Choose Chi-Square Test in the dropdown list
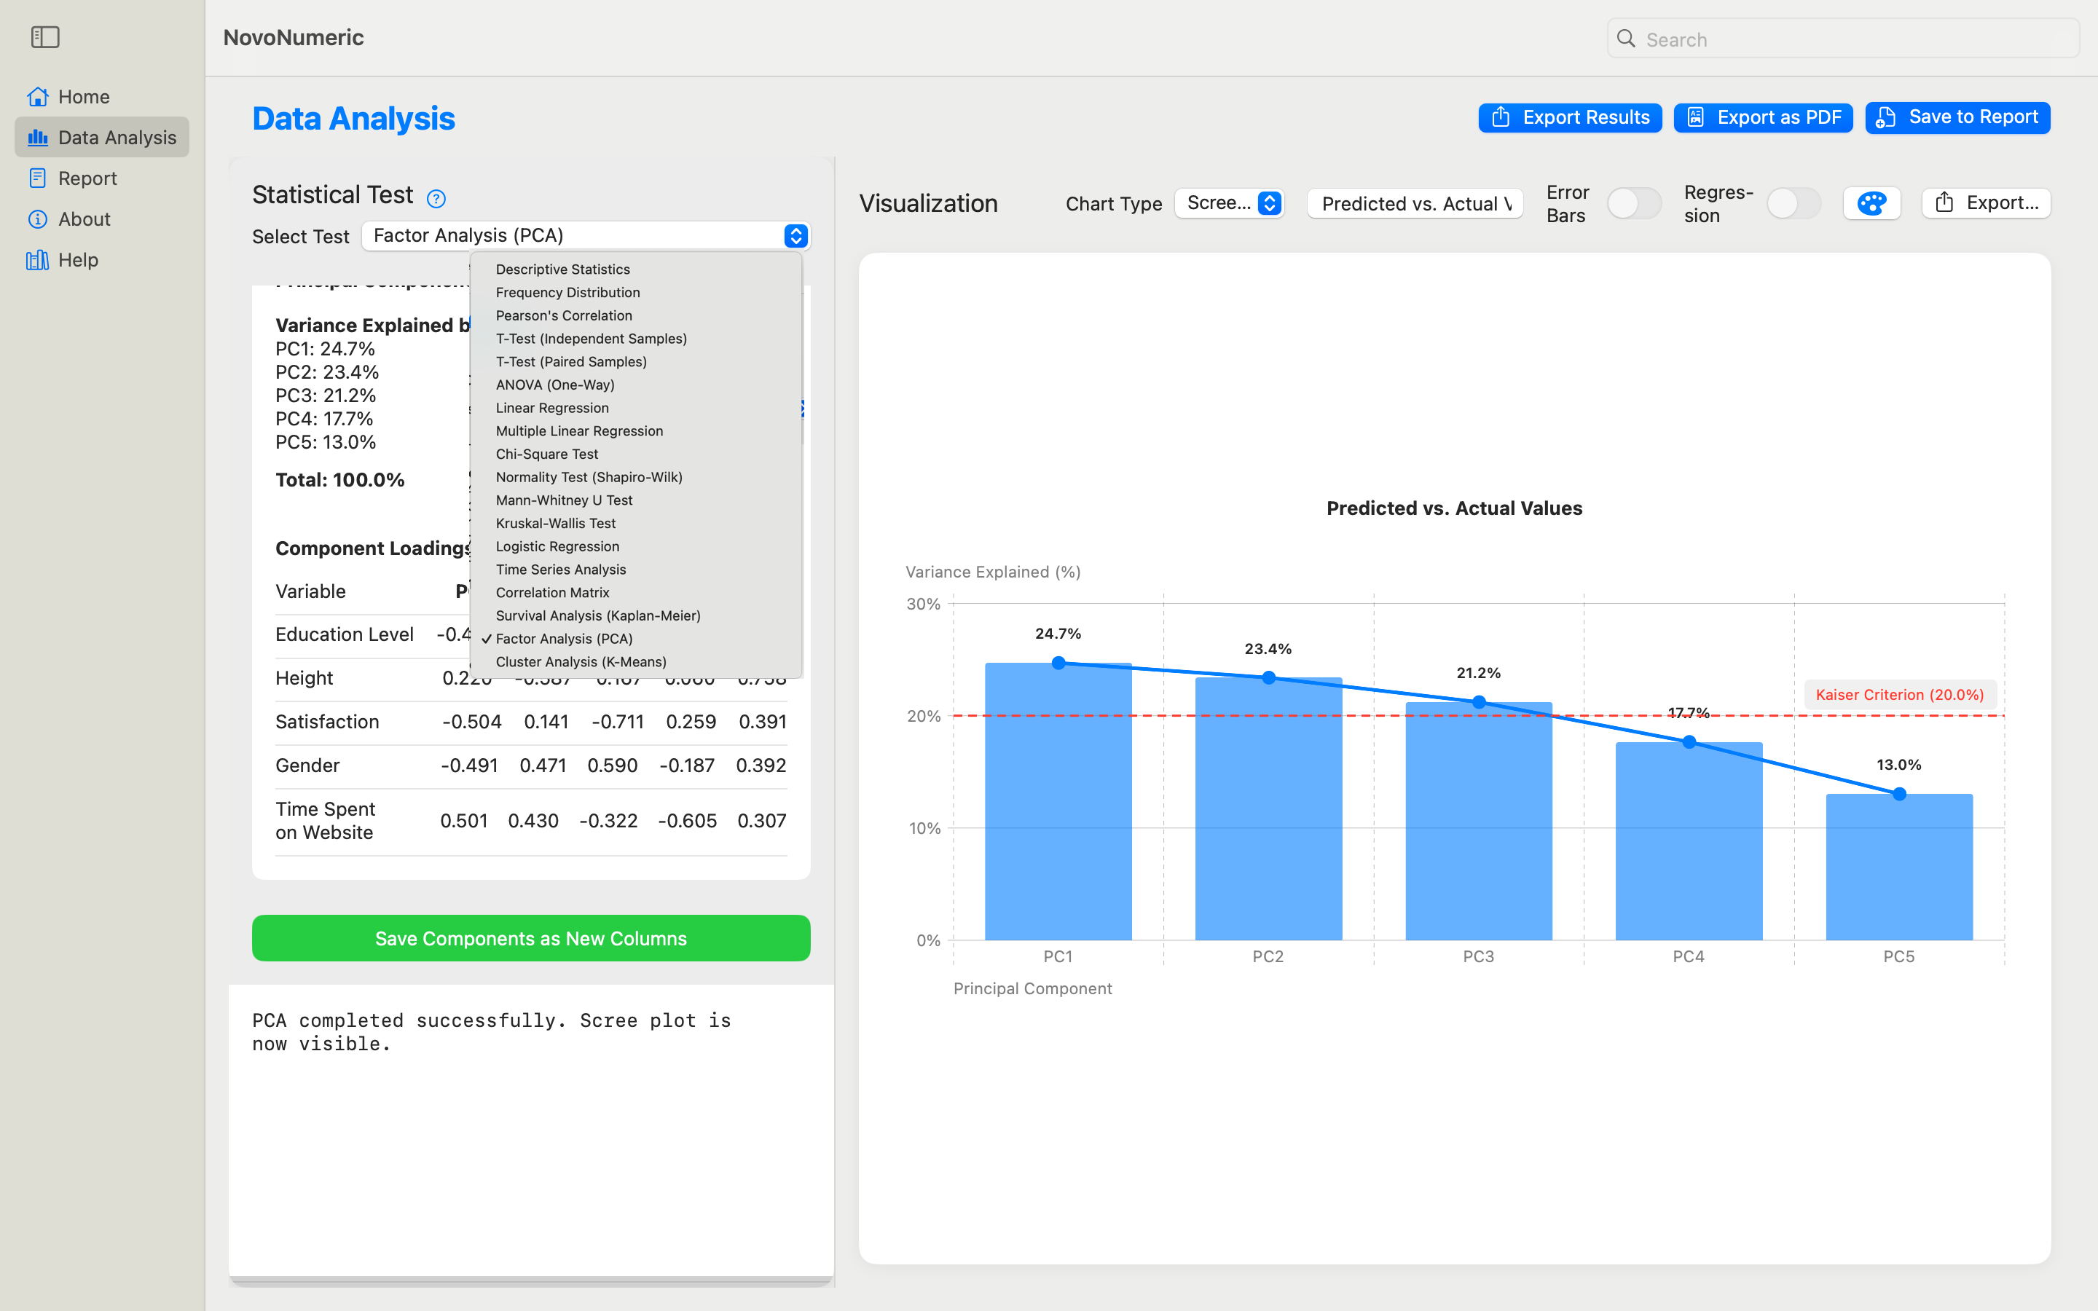pos(547,454)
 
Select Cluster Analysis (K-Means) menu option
pos(581,661)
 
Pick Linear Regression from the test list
pos(552,408)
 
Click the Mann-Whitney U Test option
pos(565,500)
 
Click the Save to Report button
pos(1957,117)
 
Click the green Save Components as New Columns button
pos(530,938)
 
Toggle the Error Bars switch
pos(1633,204)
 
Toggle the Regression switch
pos(1793,204)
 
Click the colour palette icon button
pos(1871,204)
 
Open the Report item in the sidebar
pos(87,178)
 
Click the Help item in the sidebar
pos(78,259)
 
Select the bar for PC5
pos(1898,867)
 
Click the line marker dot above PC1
pos(1058,664)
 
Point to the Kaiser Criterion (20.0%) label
pos(1898,695)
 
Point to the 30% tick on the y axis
pos(922,604)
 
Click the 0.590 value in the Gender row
pos(612,765)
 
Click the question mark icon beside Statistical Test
pos(436,199)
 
